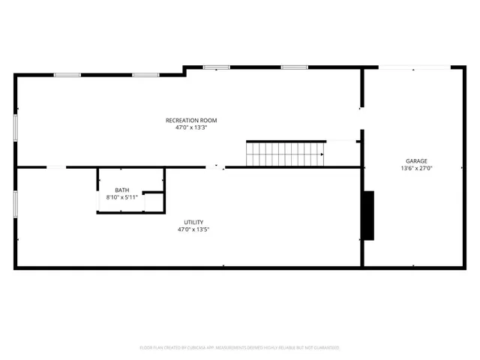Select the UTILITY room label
point(193,222)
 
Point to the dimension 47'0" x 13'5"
point(193,229)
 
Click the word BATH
point(121,190)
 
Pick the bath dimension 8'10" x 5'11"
point(121,197)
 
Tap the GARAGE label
point(417,160)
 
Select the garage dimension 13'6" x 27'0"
point(417,168)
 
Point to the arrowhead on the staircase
point(322,154)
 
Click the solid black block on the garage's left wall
point(368,215)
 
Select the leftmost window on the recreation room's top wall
point(67,74)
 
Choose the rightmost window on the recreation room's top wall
point(294,67)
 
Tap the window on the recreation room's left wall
point(15,127)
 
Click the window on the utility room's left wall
point(15,204)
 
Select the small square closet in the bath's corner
point(153,202)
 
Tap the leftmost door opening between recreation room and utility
point(56,167)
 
